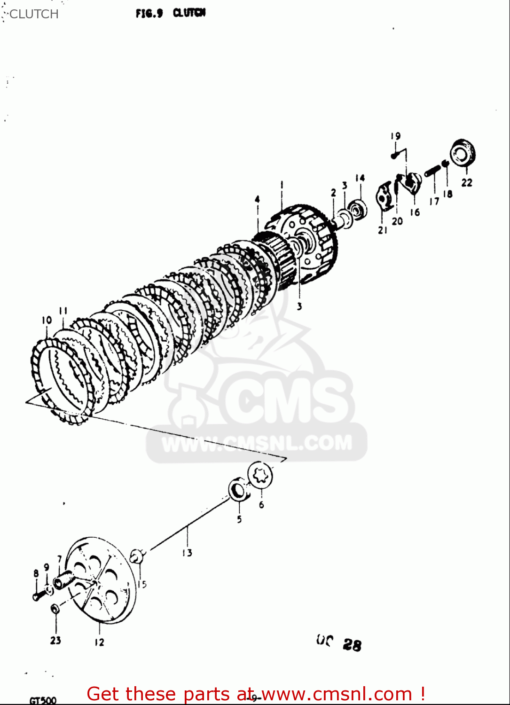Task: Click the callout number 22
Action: click(x=466, y=182)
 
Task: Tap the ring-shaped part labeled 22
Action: click(x=463, y=153)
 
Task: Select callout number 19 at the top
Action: click(x=395, y=136)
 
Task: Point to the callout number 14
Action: click(x=360, y=178)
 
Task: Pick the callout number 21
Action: click(x=383, y=230)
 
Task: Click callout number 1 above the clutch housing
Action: click(x=282, y=185)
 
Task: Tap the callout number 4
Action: click(x=257, y=199)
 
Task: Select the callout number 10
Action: click(x=47, y=320)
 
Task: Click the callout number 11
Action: click(x=63, y=311)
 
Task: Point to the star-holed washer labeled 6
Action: click(x=260, y=475)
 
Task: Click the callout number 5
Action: click(x=239, y=519)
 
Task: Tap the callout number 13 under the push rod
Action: click(x=187, y=553)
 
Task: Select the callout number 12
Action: click(x=99, y=642)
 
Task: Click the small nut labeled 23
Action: click(x=55, y=609)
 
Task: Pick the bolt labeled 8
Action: click(x=38, y=595)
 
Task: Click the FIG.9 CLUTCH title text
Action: click(x=171, y=13)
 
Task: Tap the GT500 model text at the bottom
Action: click(x=43, y=700)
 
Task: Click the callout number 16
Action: click(x=415, y=212)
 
